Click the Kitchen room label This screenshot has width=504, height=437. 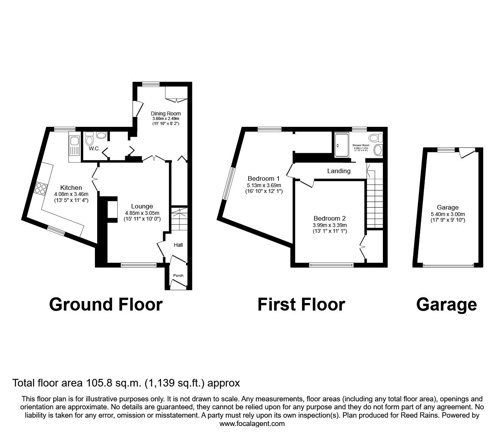coord(71,188)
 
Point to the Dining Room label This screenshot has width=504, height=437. coord(165,114)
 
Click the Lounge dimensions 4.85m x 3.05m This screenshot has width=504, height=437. coord(142,213)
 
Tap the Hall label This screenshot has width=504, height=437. coord(178,245)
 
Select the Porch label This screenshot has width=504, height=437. coord(178,275)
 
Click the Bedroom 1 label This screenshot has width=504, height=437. coord(263,178)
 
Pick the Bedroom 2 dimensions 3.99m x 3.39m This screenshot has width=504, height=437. coord(329,225)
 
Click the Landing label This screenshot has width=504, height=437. coord(339,171)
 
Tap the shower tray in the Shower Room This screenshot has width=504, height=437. coord(342,145)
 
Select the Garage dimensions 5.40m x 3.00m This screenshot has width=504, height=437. coord(447,214)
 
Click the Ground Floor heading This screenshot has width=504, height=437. coord(106,304)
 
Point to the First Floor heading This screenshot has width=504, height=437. coord(301,304)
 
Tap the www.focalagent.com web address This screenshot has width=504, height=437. coord(252,424)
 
